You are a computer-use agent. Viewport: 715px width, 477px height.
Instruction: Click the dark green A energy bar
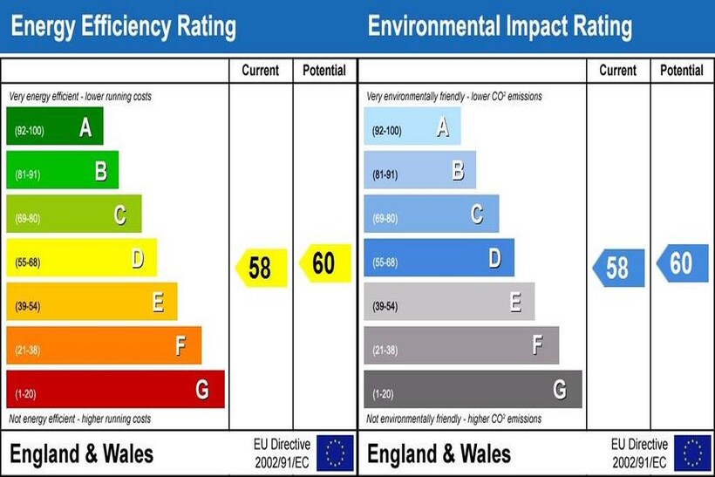55,126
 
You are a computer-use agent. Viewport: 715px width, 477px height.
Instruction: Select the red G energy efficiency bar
115,389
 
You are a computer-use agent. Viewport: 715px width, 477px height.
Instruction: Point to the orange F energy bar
104,345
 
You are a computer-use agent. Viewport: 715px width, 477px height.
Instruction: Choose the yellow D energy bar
81,258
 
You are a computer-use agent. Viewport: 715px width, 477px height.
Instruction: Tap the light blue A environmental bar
412,126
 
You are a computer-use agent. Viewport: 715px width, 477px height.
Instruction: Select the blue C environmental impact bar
431,214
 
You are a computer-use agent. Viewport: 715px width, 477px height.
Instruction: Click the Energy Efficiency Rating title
123,27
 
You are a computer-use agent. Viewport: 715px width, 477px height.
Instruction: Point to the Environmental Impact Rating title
500,27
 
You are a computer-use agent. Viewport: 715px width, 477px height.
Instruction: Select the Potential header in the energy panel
323,71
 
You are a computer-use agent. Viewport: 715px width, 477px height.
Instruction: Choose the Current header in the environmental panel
617,71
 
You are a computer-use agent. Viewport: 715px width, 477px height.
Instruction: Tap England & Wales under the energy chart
81,453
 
